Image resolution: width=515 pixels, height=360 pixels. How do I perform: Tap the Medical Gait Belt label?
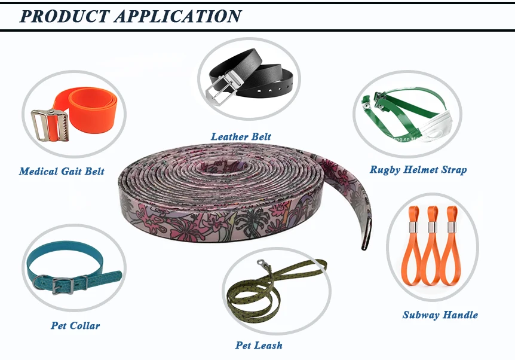pos(62,172)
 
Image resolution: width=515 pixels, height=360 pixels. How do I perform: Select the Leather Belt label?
pos(241,137)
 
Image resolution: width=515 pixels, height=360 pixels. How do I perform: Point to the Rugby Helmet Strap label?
pos(418,170)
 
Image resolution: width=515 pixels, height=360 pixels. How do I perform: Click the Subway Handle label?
pos(440,315)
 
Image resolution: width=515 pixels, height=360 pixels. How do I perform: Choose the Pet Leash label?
pos(259,346)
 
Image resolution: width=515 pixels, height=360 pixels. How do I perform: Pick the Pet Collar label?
pos(75,326)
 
